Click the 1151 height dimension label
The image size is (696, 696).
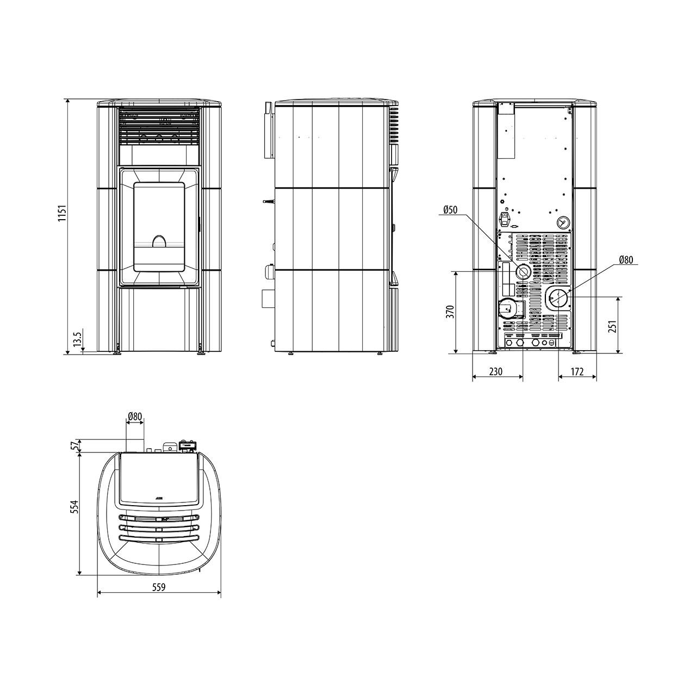pos(62,214)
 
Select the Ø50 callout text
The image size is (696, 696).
pos(450,209)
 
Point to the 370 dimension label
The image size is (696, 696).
pos(450,312)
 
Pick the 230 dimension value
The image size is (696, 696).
pos(495,371)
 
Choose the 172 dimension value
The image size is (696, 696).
pos(577,371)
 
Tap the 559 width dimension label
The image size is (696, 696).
pos(159,587)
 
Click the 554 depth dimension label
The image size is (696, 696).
pos(74,507)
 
